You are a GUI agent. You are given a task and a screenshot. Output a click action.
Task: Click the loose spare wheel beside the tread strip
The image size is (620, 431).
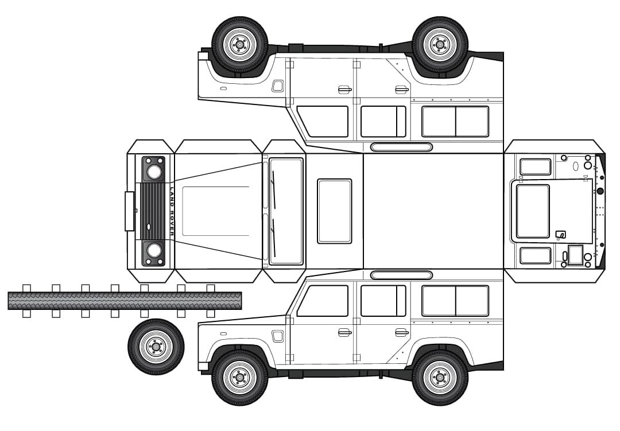(x=156, y=347)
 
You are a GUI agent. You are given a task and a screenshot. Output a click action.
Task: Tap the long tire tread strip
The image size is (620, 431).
(x=125, y=301)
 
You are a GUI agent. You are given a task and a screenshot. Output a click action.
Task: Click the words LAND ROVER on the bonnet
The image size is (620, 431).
(x=172, y=212)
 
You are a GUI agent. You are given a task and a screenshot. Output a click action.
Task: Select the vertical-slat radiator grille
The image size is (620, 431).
(x=153, y=211)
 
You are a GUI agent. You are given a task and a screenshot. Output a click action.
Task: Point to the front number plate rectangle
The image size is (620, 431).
(x=129, y=211)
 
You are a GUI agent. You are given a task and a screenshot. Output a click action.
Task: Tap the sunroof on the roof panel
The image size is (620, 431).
(x=335, y=211)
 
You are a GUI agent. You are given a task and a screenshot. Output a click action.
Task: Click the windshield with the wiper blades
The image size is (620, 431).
(x=286, y=211)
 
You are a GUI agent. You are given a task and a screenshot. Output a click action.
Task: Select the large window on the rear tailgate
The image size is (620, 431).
(x=533, y=212)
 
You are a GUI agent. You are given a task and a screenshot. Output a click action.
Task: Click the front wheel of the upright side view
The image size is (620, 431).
(x=240, y=377)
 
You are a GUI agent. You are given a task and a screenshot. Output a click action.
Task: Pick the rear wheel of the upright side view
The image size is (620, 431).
(x=440, y=377)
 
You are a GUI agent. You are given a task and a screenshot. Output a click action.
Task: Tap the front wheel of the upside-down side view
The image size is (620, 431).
(x=240, y=45)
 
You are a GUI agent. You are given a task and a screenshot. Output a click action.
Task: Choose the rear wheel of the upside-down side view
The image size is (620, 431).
(x=440, y=45)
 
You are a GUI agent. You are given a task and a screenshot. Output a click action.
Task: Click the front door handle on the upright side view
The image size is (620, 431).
(x=345, y=332)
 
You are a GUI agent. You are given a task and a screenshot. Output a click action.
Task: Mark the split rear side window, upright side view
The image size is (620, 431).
(x=455, y=301)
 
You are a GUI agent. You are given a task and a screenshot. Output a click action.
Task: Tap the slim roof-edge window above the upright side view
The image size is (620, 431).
(x=401, y=275)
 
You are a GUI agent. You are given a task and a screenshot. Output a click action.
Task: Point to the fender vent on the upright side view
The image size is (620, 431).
(x=278, y=336)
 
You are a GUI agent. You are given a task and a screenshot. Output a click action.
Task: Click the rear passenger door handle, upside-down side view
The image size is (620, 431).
(x=402, y=90)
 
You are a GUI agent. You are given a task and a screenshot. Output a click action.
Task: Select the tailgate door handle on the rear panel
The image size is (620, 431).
(x=561, y=235)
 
